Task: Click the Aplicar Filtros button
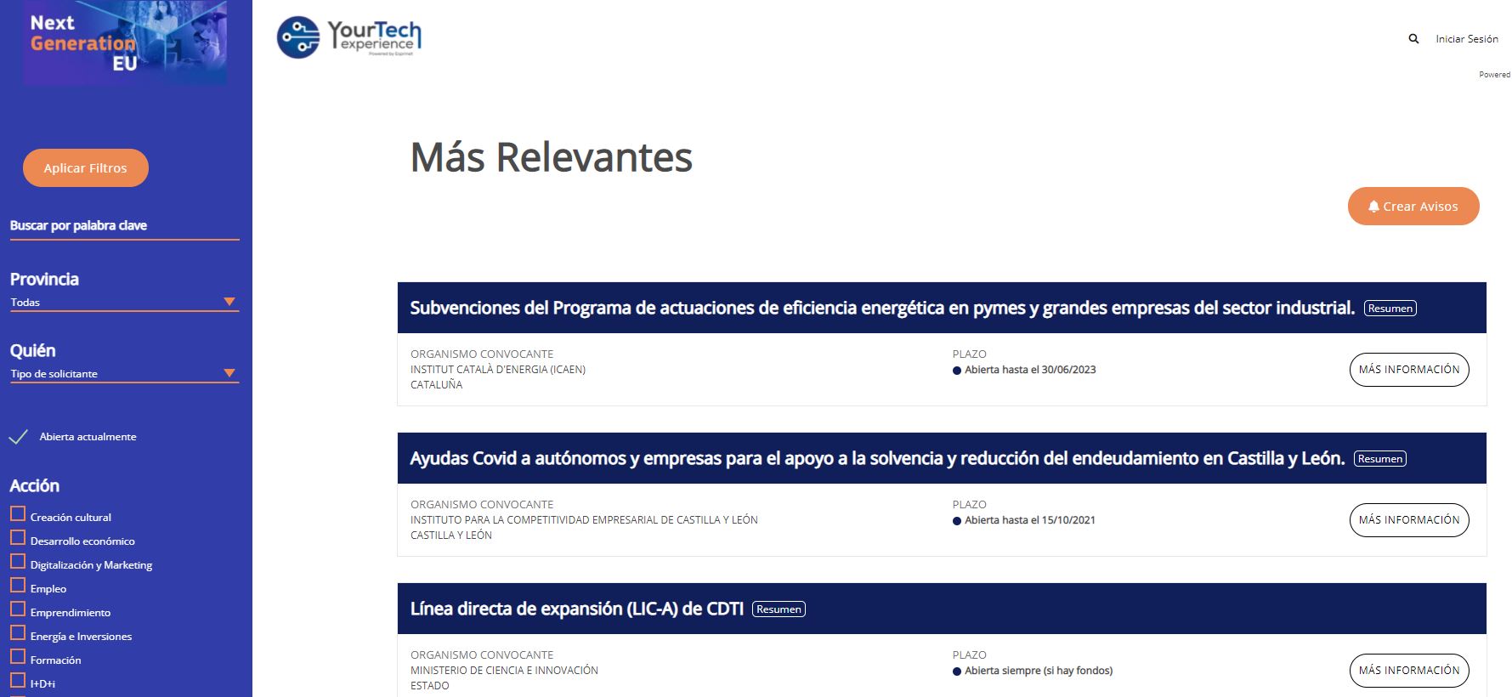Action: point(85,167)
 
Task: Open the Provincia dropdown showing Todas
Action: point(124,302)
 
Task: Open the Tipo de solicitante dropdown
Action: point(124,373)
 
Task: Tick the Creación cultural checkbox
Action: point(18,514)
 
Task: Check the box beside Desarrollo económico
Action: point(18,538)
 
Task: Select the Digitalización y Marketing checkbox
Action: point(18,562)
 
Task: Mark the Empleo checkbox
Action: point(18,586)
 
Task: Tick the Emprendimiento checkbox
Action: point(18,609)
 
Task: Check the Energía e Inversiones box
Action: point(18,633)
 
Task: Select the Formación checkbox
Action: point(18,657)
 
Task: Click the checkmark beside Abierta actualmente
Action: point(18,437)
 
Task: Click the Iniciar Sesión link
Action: point(1467,39)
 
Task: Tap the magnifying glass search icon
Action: point(1413,39)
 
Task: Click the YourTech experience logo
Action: point(349,38)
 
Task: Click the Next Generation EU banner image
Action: point(125,42)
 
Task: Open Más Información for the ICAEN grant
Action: point(1409,370)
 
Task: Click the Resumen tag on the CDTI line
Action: point(779,609)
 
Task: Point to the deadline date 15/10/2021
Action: point(1068,520)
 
